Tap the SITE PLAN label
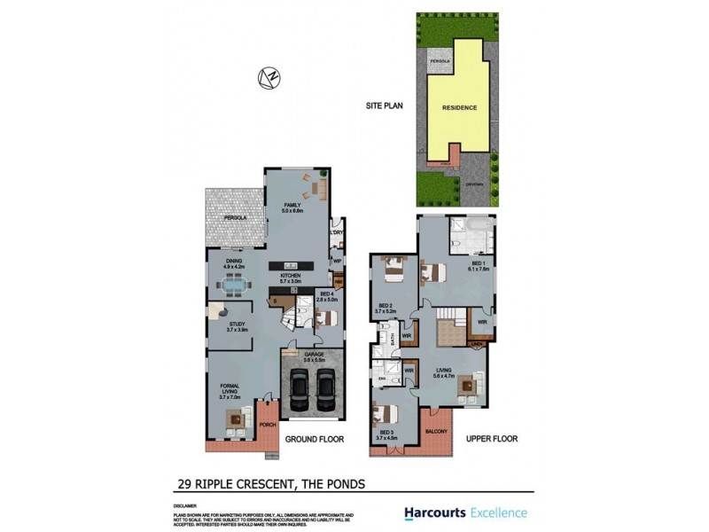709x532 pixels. tap(385, 106)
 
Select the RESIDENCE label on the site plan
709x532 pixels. tap(460, 107)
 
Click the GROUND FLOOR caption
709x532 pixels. tap(314, 438)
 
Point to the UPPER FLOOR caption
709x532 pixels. tap(492, 438)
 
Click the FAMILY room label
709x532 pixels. tap(292, 207)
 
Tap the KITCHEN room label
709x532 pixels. tap(292, 278)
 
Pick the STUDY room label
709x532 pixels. tap(237, 326)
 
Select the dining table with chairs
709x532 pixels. tap(235, 286)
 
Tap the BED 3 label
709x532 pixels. tap(384, 435)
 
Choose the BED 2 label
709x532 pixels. tap(383, 309)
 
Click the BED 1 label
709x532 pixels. tap(479, 265)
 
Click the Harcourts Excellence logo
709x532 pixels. tap(465, 512)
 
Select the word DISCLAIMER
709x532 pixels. tap(185, 505)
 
